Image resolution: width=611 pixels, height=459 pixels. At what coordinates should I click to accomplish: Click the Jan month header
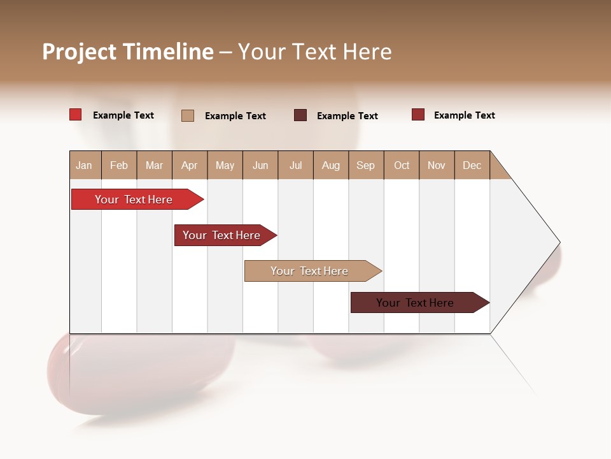coord(84,165)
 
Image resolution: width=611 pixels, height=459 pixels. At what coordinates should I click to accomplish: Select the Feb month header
coord(119,165)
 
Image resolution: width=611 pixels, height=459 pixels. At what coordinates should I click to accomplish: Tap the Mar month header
coord(154,165)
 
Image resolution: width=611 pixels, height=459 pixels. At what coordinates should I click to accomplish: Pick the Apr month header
coord(190,165)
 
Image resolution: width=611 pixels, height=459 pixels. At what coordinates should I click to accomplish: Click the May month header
coord(225,165)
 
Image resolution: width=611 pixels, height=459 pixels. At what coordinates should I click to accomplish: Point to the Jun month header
coord(260,165)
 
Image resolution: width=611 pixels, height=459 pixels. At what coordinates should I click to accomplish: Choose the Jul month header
coord(295,165)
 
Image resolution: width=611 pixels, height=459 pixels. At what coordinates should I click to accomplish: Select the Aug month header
coord(331,165)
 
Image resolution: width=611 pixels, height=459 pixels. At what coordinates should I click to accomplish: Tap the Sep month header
coord(366,165)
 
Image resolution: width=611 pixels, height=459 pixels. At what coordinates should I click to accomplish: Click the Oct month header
coord(402,165)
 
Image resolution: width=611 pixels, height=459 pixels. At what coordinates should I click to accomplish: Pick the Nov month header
coord(437,165)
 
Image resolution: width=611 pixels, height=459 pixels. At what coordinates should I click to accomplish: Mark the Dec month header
coord(472,165)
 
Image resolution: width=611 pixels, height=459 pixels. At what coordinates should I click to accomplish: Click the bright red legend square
coord(76,115)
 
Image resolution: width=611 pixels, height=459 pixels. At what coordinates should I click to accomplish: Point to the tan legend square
coord(188,115)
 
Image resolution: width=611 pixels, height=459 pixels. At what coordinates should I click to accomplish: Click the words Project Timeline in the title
coord(128,52)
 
